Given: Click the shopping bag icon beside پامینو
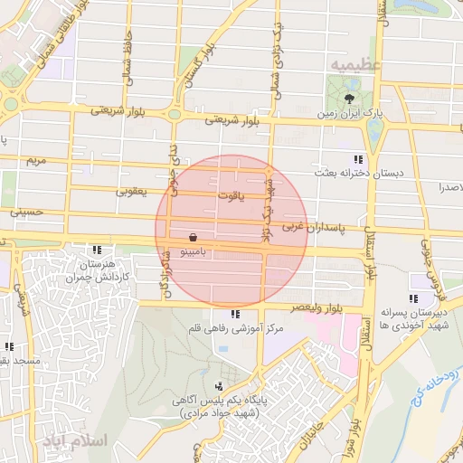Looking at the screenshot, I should pos(193,237).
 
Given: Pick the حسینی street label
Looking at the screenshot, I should pos(26,213).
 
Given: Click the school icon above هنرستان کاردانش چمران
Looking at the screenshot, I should pos(96,250).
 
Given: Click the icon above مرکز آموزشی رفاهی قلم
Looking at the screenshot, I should pos(235,315).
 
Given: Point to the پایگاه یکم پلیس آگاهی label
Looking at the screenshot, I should pos(218,401).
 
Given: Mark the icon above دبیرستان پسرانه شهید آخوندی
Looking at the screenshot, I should pos(413,298).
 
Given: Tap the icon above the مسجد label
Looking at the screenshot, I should pos(9,345).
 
